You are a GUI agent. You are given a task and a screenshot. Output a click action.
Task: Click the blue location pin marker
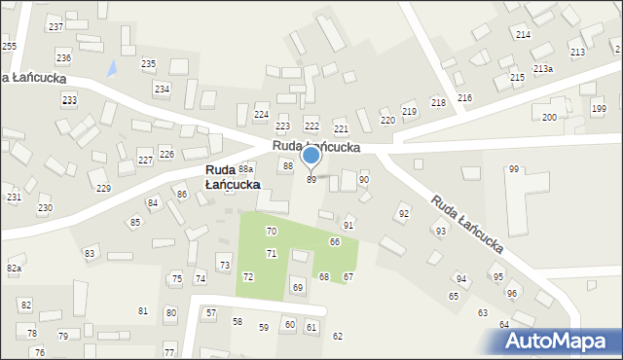click(311, 156)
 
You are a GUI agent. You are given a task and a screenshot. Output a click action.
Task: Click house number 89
click(311, 180)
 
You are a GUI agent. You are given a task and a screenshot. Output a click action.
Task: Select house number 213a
click(543, 68)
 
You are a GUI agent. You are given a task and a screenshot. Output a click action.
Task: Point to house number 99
click(513, 169)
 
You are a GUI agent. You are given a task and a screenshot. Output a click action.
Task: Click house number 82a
click(14, 268)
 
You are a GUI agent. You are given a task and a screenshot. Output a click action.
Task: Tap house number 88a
click(246, 169)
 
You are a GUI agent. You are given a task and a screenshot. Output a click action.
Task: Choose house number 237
click(55, 26)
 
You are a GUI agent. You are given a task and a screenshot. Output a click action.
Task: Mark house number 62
click(338, 337)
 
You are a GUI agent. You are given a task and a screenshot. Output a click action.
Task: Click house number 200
click(549, 117)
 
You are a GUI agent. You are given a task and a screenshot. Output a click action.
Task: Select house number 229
click(103, 188)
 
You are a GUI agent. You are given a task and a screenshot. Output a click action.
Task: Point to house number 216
click(464, 98)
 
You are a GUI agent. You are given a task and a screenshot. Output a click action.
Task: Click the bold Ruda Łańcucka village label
click(233, 176)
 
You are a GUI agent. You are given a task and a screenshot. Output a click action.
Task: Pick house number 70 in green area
click(272, 232)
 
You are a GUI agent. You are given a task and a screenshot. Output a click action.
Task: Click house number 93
click(441, 231)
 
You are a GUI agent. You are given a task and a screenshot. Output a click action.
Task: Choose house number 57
click(211, 313)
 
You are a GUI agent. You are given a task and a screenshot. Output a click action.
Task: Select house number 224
click(261, 115)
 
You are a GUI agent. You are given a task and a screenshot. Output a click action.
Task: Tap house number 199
click(598, 109)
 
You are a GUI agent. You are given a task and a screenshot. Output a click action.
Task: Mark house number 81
click(143, 311)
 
